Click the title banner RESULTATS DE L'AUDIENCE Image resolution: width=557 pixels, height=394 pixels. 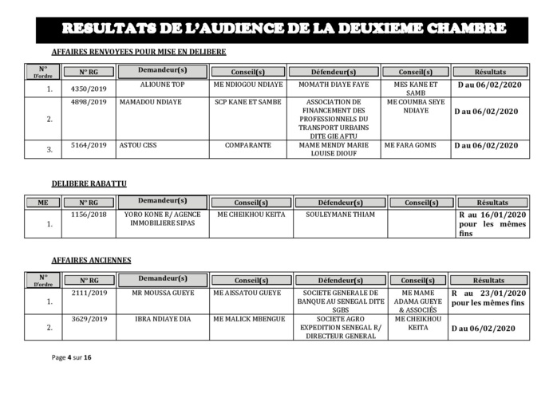coord(282,30)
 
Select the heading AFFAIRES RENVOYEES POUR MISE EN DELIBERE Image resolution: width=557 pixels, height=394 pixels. coord(138,52)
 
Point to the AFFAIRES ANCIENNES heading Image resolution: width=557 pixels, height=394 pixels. coord(92,260)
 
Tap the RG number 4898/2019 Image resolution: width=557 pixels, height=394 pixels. coord(89,102)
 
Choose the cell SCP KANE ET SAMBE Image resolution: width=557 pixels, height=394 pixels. coord(248,102)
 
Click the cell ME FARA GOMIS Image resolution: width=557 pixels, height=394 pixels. coord(413,145)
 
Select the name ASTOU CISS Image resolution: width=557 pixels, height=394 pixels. coord(137,145)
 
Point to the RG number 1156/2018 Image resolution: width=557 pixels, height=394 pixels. coord(89,214)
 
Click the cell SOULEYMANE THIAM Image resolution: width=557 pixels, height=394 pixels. coord(340,214)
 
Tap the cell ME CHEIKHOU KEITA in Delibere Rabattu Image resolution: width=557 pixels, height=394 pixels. coord(251,214)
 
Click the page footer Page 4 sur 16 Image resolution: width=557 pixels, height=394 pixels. coord(73,357)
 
